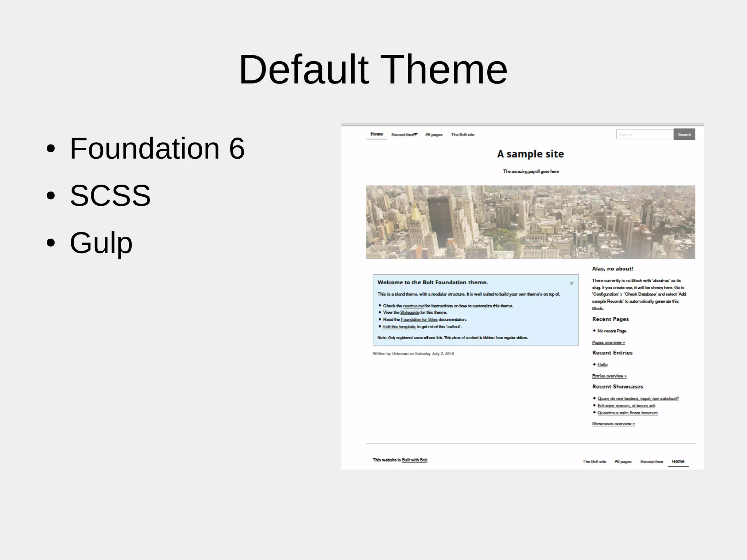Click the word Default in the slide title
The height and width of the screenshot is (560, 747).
pos(303,69)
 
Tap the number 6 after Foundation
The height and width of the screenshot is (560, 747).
pos(237,148)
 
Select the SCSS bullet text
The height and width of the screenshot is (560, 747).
pos(110,196)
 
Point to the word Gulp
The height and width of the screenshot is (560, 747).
pos(101,243)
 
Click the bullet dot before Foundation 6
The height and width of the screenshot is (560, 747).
pos(51,148)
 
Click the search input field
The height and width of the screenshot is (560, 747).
pos(644,134)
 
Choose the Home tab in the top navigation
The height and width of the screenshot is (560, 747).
pos(376,134)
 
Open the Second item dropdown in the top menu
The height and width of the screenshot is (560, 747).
pos(404,135)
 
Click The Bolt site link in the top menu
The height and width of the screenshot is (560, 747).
pos(462,135)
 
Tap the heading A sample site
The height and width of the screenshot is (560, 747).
pos(530,154)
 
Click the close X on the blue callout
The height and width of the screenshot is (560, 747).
pos(572,283)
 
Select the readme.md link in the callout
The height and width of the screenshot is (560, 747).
pos(413,306)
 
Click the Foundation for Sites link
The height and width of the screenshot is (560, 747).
pos(419,320)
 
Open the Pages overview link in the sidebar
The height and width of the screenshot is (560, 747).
pos(608,343)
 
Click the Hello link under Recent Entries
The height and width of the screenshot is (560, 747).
pos(602,364)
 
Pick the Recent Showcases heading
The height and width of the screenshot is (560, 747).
pos(617,387)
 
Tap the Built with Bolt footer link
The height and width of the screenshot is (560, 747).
pos(414,460)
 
